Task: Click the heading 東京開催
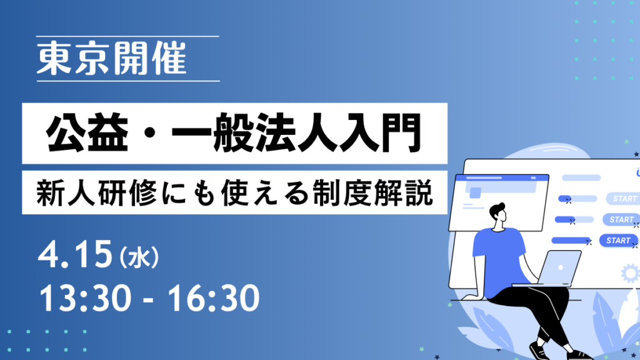pyautogui.click(x=111, y=60)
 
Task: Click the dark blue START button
pyautogui.click(x=618, y=240)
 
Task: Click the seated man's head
pyautogui.click(x=500, y=216)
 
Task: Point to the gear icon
pyautogui.click(x=630, y=273)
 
